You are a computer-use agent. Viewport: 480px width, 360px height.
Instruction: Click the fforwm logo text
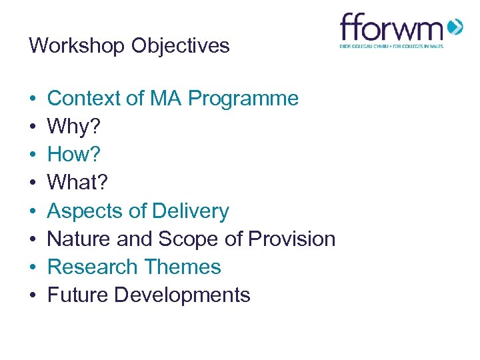coord(391,29)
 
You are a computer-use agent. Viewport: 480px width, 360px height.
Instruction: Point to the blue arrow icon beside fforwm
coord(455,28)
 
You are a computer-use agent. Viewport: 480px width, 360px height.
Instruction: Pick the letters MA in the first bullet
coord(165,99)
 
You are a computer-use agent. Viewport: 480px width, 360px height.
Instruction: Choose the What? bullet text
coord(79,183)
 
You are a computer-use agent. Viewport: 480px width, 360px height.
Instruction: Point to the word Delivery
coord(190,211)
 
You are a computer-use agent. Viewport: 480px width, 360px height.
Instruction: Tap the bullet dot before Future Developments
coord(32,295)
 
